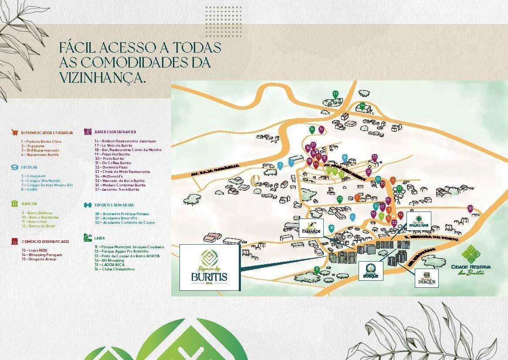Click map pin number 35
[x=335, y=94]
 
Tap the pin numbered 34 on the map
[x=362, y=105]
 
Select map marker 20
[x=470, y=209]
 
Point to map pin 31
[x=317, y=269]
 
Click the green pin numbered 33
[x=339, y=199]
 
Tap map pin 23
[x=374, y=157]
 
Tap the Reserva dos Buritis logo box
[x=210, y=267]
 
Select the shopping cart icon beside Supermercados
[x=15, y=132]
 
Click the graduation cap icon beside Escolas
[x=15, y=167]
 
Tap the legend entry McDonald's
[x=109, y=176]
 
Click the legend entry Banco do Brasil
[x=40, y=226]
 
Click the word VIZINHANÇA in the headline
[x=102, y=77]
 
